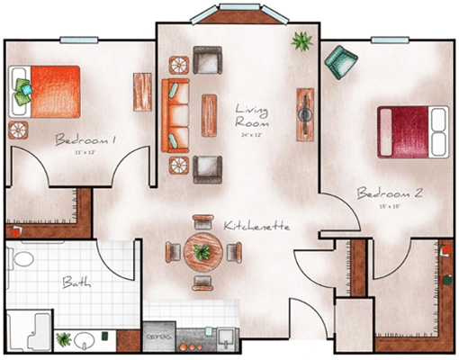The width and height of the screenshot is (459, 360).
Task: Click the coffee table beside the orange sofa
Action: [210, 115]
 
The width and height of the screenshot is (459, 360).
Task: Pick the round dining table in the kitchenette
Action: [202, 253]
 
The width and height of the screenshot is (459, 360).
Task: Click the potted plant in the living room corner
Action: [300, 40]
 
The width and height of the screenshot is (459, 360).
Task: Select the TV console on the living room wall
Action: [305, 112]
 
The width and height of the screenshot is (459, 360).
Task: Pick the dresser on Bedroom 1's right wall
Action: [142, 92]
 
